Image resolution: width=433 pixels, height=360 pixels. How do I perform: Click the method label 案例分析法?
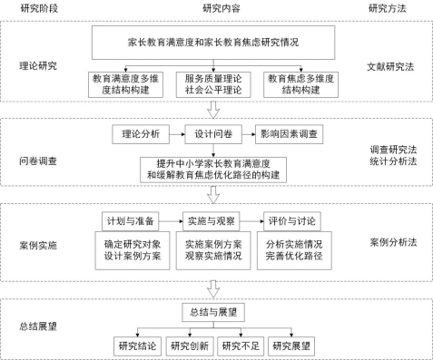[x=390, y=243]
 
